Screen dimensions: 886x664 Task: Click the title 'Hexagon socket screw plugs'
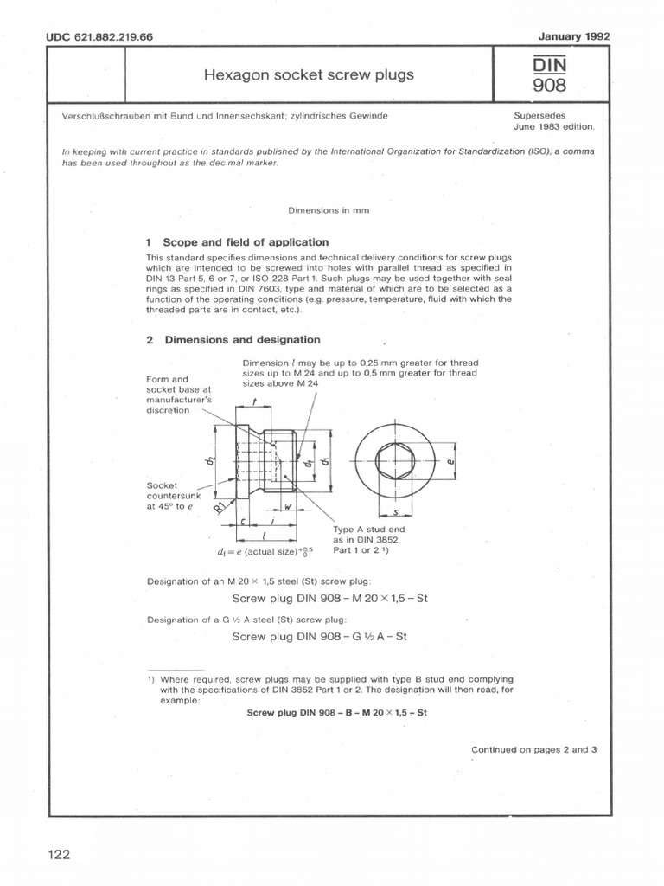[x=309, y=75]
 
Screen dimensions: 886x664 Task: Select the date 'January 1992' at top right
[x=574, y=36]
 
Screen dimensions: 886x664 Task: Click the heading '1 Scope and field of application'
[x=237, y=242]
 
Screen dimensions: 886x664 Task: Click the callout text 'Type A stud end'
[x=369, y=529]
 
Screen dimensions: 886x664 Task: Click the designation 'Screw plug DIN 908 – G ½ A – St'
[x=320, y=637]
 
